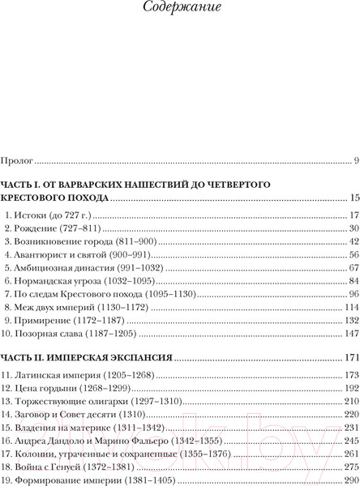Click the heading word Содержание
(180, 11)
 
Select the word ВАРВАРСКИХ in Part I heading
(96, 184)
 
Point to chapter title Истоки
(33, 215)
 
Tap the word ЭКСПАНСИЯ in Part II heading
(134, 357)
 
